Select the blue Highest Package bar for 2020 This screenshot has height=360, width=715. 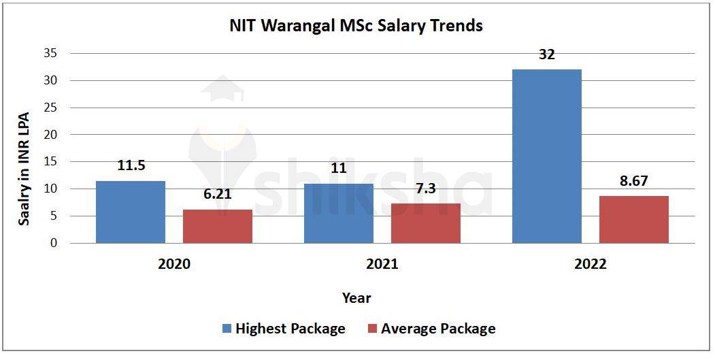click(131, 212)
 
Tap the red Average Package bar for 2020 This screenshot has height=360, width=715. click(218, 226)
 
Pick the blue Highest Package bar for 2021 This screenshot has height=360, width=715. click(339, 213)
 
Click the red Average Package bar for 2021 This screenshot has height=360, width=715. click(426, 223)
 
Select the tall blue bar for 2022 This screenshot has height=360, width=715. click(547, 156)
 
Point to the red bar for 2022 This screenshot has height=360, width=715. click(634, 219)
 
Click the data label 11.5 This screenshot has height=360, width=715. click(131, 165)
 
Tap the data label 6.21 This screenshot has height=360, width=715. click(218, 194)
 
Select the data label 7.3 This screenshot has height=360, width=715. click(426, 189)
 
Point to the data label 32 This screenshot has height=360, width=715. click(547, 54)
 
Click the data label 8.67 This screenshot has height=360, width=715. click(634, 181)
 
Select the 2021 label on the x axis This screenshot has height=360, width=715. click(382, 264)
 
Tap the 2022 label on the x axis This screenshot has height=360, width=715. click(590, 264)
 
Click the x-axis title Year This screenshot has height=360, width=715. click(356, 297)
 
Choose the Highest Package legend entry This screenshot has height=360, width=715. click(284, 329)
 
